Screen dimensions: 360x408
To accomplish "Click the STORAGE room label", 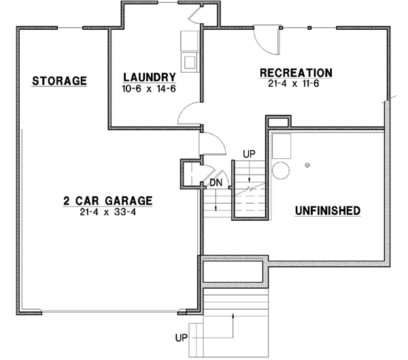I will click(60, 81).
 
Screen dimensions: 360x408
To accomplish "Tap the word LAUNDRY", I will click(149, 77).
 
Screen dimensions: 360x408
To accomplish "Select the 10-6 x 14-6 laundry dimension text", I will click(149, 88).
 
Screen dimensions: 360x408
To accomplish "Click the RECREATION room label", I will click(296, 73).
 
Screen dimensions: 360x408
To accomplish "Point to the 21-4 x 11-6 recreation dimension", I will click(296, 83).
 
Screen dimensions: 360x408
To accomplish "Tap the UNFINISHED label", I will click(327, 211).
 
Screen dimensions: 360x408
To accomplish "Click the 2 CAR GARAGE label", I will click(107, 201).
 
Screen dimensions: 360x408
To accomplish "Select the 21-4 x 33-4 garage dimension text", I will click(107, 212).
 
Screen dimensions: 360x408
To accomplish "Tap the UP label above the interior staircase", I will click(248, 154).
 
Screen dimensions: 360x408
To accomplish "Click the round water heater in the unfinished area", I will click(279, 169).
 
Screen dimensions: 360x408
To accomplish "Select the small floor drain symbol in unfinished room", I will click(307, 165).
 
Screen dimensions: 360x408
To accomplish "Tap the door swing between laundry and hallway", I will click(188, 113).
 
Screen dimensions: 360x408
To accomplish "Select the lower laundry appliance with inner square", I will click(189, 62).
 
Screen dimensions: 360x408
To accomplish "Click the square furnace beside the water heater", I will click(281, 145).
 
